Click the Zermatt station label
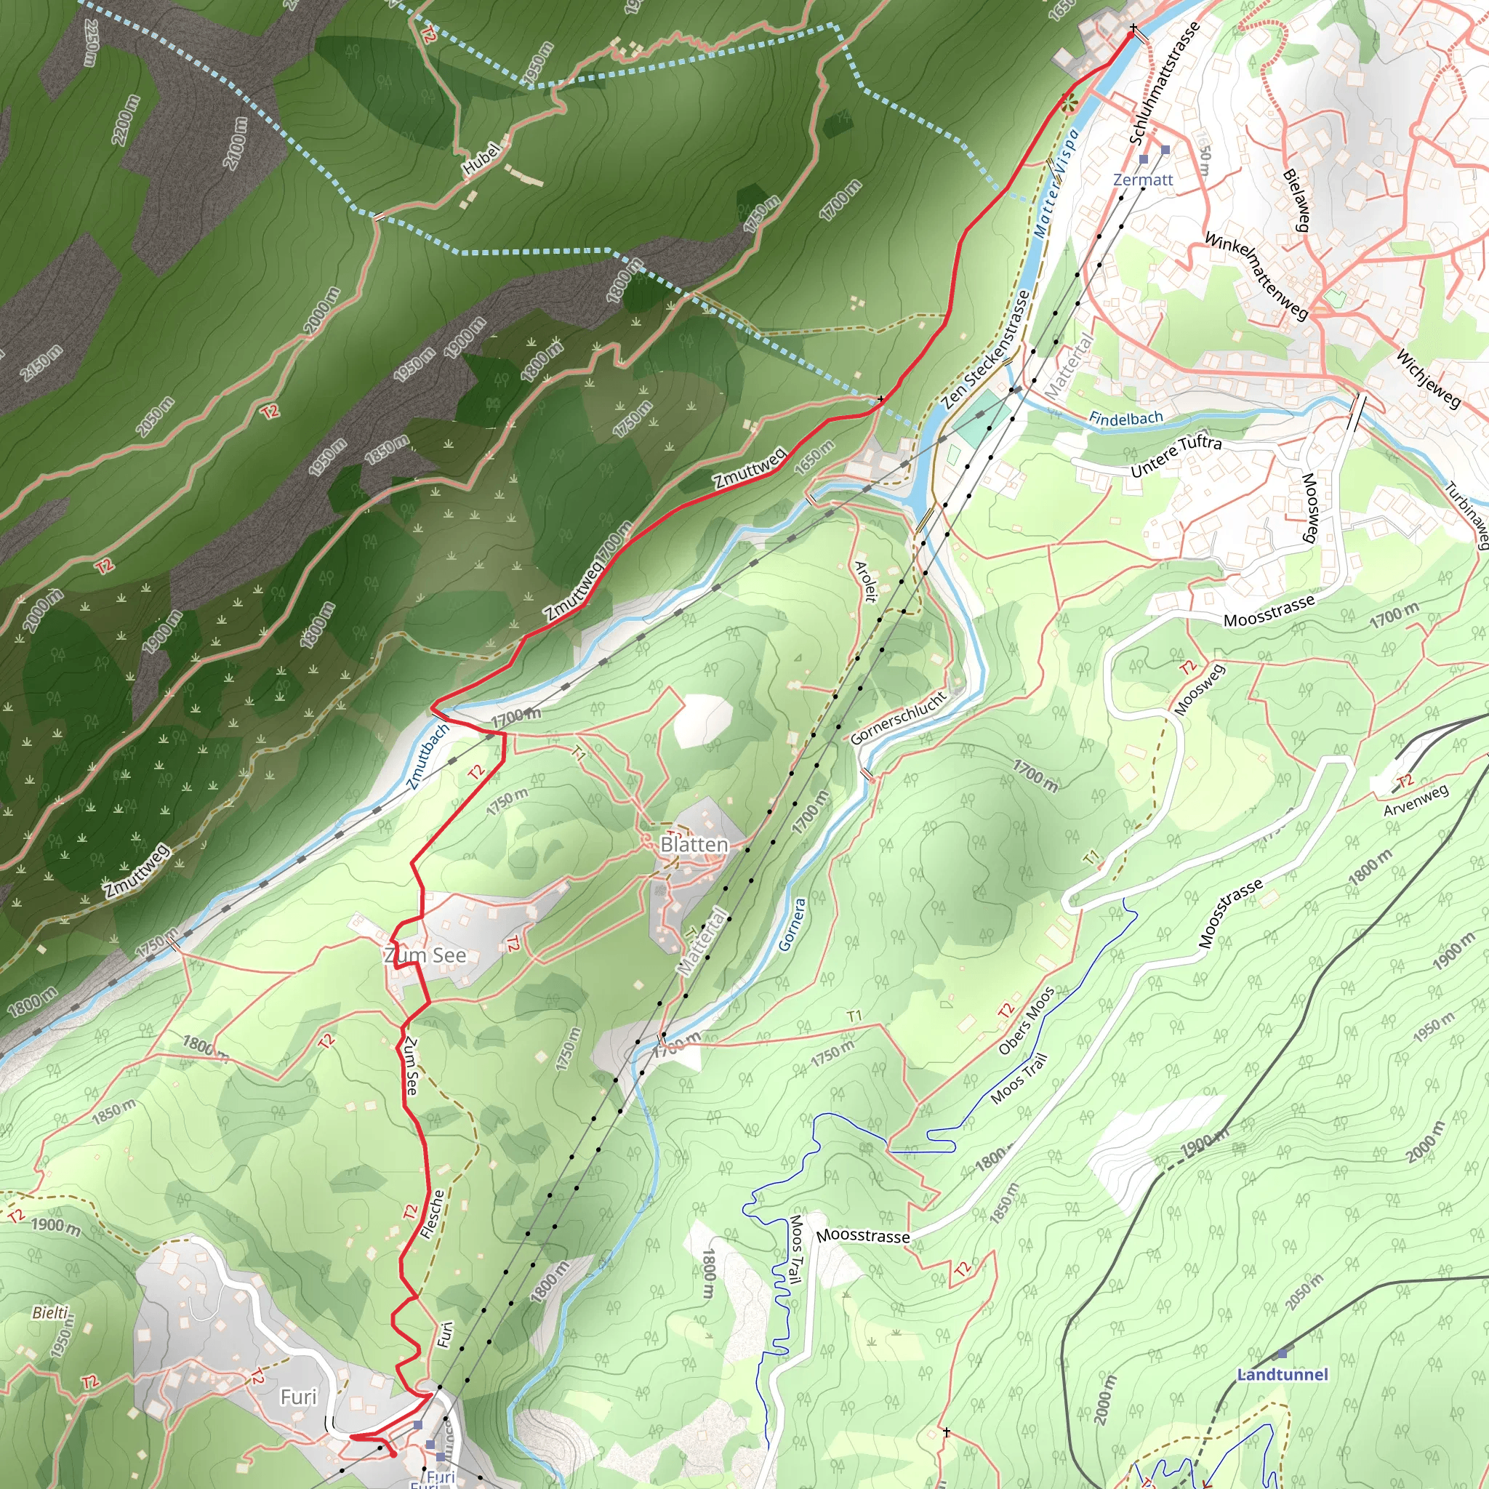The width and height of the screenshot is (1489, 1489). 1143,180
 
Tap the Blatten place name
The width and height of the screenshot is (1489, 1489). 694,845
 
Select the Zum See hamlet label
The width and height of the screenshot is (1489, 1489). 425,955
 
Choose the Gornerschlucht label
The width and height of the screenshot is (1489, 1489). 898,718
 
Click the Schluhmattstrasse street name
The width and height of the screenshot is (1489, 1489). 1164,83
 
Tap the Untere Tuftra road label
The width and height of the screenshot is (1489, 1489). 1176,455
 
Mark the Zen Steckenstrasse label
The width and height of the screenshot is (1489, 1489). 986,349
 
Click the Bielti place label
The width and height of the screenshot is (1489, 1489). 51,1312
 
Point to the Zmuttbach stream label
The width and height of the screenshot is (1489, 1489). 428,756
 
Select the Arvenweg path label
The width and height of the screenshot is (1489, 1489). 1416,800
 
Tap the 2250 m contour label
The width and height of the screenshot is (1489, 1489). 91,42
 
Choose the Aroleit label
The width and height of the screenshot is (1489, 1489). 866,581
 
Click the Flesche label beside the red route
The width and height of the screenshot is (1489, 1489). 433,1215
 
